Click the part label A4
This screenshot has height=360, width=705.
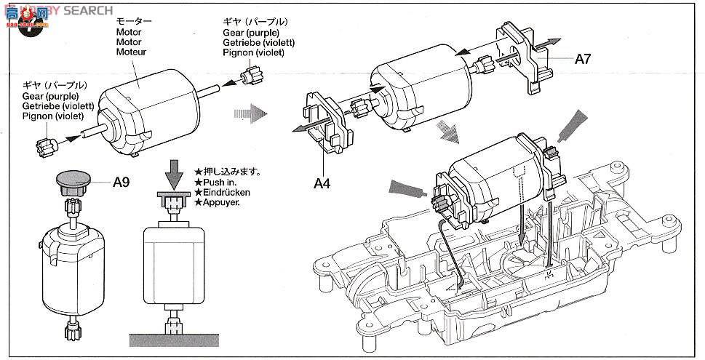coord(323,183)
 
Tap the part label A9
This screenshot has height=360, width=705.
coord(122,183)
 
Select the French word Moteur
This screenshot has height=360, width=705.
coord(131,52)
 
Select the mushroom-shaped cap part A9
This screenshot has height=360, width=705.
coord(73,182)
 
